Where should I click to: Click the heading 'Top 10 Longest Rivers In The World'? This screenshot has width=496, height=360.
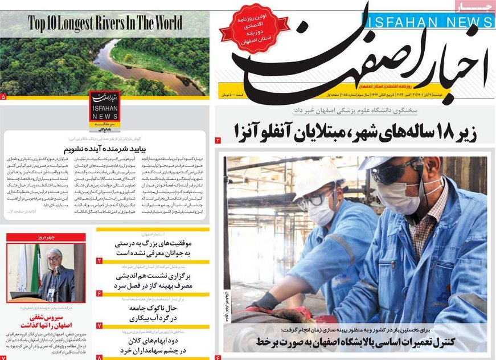point(106,23)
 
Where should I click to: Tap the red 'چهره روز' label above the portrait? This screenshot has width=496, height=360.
point(47,237)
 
